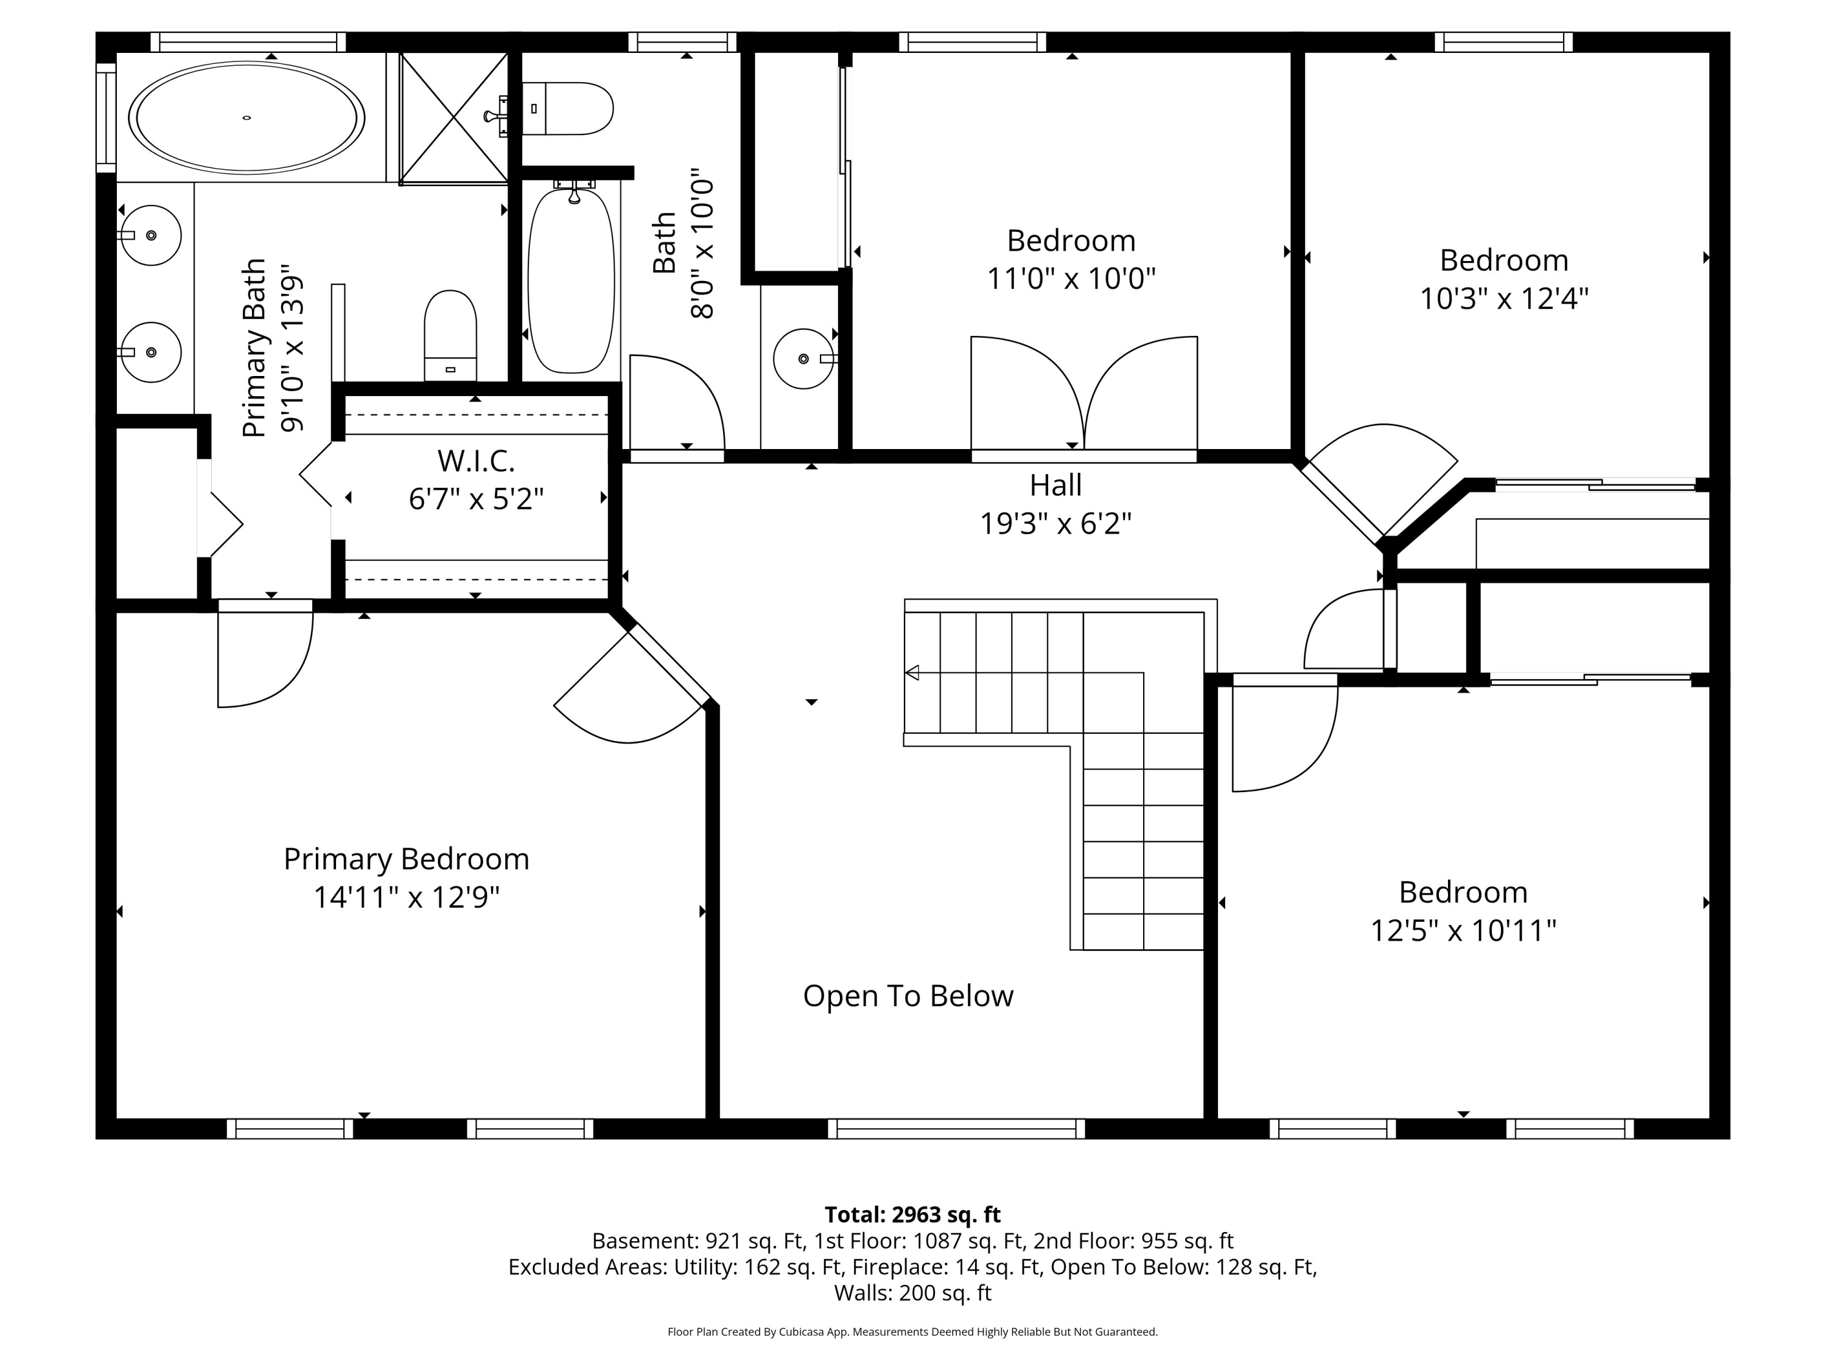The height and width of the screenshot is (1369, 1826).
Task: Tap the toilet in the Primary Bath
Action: (450, 336)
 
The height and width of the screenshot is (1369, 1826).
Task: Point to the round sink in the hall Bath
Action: (803, 359)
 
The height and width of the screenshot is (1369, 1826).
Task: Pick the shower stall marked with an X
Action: (453, 118)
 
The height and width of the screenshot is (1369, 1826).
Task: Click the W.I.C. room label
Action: (477, 461)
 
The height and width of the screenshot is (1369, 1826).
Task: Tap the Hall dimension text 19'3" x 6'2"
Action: (1056, 523)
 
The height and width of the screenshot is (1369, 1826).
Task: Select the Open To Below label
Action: (908, 996)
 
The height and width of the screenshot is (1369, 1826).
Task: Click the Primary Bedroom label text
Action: (406, 859)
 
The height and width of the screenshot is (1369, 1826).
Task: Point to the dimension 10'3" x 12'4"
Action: (1504, 299)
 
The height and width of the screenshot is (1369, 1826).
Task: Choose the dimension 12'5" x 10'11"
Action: (1464, 931)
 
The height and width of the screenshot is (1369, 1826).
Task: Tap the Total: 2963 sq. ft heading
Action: (913, 1214)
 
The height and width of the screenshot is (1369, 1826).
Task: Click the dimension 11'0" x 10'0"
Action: (1071, 279)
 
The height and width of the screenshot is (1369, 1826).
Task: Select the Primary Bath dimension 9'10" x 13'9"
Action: (292, 348)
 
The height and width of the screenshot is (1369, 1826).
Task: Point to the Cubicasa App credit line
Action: (913, 1332)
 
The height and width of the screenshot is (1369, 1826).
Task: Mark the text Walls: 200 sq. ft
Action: (913, 1293)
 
